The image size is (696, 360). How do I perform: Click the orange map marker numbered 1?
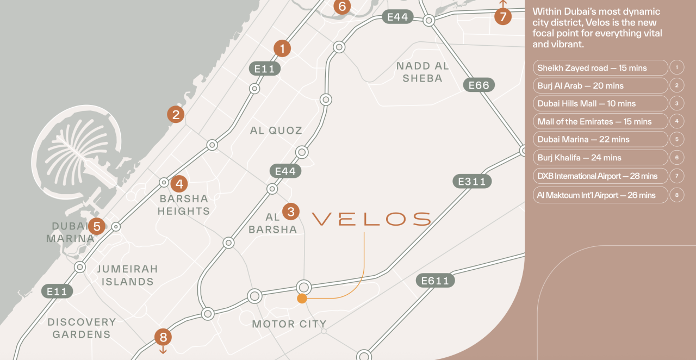tap(282, 48)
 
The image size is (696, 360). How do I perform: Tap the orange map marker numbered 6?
tap(341, 7)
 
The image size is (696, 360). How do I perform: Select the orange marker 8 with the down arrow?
tap(163, 337)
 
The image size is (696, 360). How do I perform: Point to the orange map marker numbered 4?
tap(179, 184)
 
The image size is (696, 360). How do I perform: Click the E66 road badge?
tap(479, 85)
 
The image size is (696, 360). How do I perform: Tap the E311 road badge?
tap(471, 181)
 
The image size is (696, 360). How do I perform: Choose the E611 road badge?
tap(435, 281)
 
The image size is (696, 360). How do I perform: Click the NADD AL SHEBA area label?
tap(422, 72)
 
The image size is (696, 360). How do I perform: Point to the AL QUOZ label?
tap(276, 131)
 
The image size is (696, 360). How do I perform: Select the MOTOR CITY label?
tap(289, 324)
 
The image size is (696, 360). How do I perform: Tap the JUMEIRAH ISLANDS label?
tap(127, 275)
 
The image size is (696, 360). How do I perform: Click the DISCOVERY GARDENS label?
tap(82, 328)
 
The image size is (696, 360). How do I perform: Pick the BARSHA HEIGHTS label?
tap(184, 205)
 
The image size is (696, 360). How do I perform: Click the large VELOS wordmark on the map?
tap(371, 219)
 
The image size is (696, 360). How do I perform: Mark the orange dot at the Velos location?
tap(302, 299)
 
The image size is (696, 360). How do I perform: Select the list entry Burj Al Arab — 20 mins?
tap(600, 85)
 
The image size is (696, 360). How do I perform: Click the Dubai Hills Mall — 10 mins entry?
tap(600, 103)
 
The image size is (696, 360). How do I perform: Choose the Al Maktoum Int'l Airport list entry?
tap(600, 195)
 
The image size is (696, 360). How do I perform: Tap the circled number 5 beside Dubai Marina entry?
tap(677, 139)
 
